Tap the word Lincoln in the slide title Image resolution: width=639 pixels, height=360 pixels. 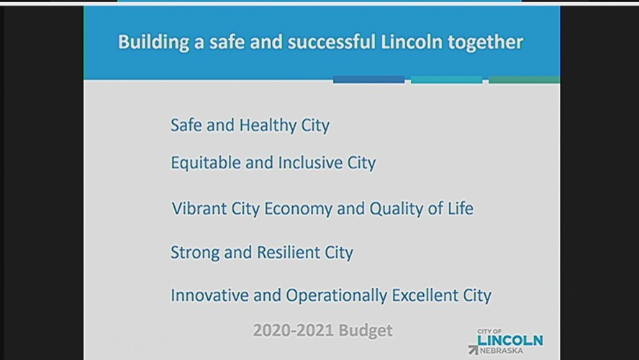coord(411,42)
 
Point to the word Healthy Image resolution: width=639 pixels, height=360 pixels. coord(268,125)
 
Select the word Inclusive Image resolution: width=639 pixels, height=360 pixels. coord(310,162)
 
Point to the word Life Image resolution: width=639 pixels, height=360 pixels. coord(461,208)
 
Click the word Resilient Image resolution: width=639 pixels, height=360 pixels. coord(288,253)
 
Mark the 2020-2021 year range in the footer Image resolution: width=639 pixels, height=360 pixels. coord(293,330)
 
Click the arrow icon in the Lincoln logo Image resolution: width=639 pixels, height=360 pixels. coord(473,349)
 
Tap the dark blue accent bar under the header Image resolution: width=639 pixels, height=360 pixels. coord(369,79)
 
